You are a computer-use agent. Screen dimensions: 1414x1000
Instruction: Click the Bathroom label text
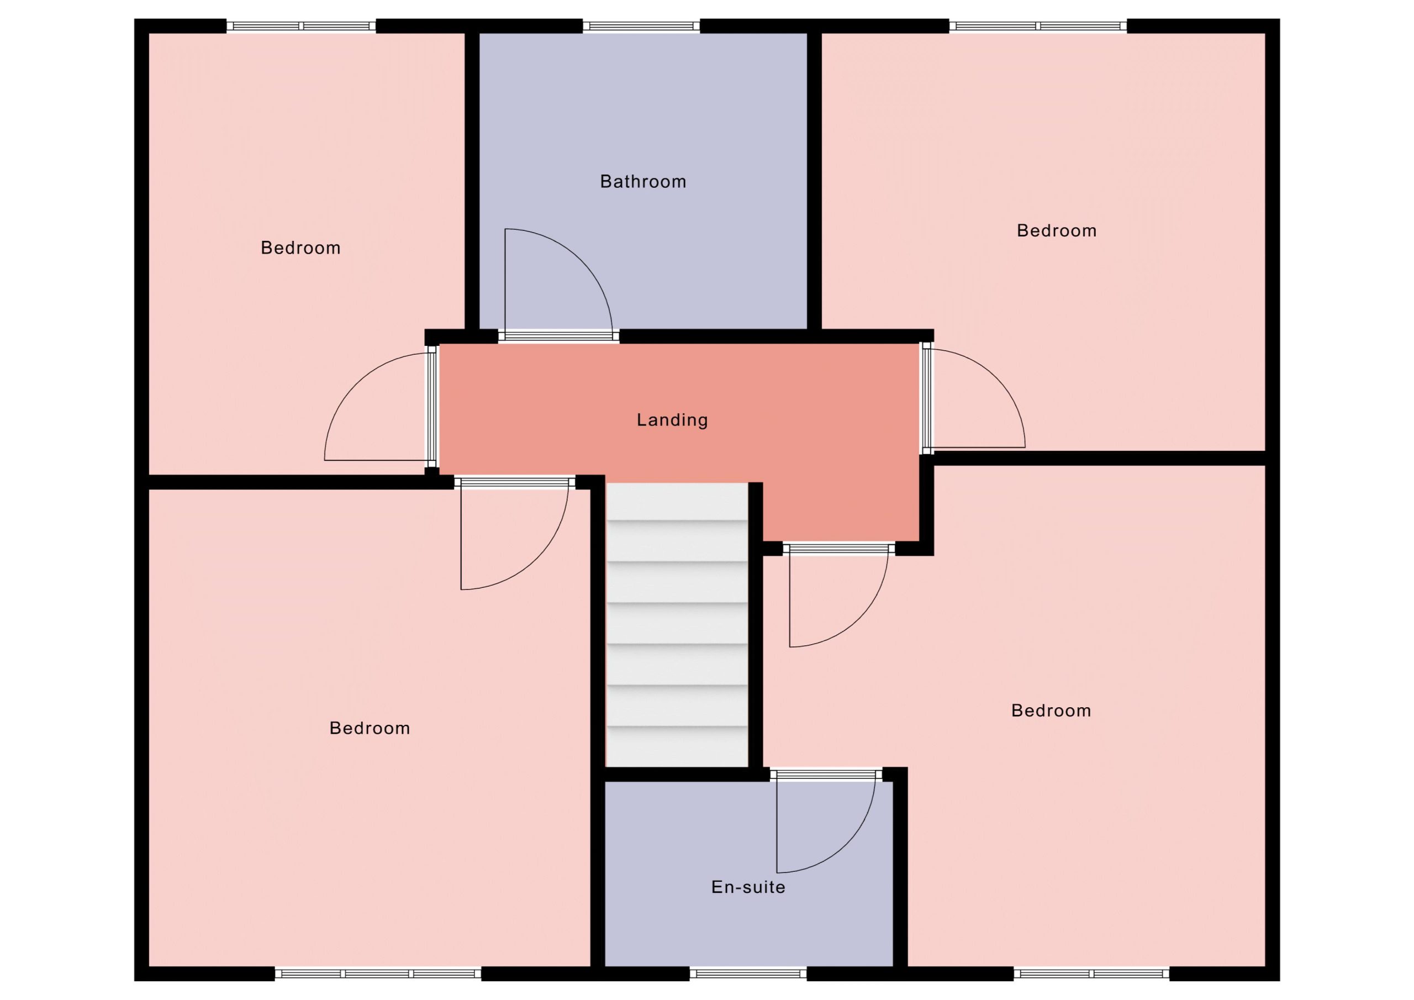[643, 182]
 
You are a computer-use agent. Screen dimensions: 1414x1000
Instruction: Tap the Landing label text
[672, 420]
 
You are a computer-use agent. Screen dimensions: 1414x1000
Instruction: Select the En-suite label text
[748, 887]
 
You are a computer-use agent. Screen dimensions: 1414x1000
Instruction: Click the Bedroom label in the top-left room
[300, 248]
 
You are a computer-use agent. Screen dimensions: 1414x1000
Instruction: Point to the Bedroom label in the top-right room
[1057, 230]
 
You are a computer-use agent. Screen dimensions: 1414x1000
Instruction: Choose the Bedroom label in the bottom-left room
[370, 728]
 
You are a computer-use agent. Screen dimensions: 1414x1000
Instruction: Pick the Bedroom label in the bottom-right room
[1051, 710]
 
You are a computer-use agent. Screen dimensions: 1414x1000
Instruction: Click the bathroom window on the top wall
[641, 26]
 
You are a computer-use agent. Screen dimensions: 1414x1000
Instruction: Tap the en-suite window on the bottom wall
[748, 973]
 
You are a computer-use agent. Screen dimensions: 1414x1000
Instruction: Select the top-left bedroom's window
[301, 26]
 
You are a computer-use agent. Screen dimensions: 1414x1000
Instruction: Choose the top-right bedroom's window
[1038, 26]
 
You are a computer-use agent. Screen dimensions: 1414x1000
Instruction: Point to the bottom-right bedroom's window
[1091, 973]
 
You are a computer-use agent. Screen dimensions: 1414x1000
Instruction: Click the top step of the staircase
[677, 501]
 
